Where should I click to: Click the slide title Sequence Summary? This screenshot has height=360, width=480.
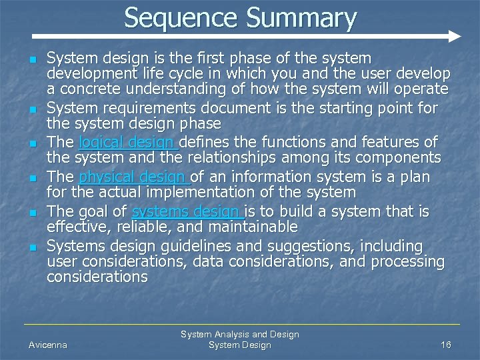(x=240, y=17)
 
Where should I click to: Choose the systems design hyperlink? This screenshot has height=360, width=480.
(x=189, y=211)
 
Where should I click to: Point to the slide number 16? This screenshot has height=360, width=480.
(x=446, y=345)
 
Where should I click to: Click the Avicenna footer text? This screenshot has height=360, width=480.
(x=48, y=345)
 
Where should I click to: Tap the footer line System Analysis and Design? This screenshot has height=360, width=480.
(x=240, y=334)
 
